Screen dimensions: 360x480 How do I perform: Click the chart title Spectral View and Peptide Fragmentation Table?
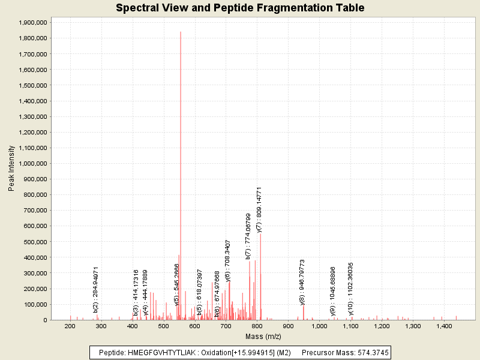(x=240, y=8)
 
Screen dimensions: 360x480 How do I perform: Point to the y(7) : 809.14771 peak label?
(x=259, y=209)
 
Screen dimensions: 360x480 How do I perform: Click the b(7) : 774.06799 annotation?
(x=248, y=236)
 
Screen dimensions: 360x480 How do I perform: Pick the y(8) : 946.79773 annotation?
(x=302, y=282)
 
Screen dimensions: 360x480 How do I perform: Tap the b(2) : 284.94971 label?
(x=96, y=290)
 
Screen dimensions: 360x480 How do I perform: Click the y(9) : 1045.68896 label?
(x=332, y=290)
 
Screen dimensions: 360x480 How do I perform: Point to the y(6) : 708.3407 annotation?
(x=228, y=260)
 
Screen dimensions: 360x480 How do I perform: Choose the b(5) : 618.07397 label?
(x=199, y=292)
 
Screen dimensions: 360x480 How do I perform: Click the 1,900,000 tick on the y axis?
(x=34, y=23)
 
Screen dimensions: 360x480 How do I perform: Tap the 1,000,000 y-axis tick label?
(x=34, y=164)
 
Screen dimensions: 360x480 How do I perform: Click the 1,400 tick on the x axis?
(x=443, y=326)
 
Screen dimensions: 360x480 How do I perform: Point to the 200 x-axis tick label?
(x=70, y=326)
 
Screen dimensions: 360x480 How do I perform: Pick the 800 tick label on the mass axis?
(x=257, y=326)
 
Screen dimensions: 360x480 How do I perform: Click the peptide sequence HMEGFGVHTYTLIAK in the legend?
(x=160, y=352)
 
